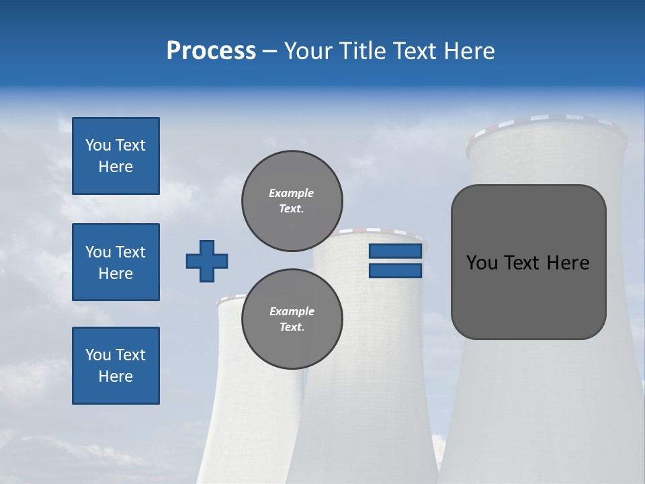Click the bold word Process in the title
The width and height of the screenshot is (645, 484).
211,51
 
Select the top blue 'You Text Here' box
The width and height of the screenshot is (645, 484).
116,156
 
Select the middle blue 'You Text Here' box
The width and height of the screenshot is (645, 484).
116,262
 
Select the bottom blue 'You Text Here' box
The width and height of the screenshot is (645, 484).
116,365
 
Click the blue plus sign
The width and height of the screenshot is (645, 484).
207,261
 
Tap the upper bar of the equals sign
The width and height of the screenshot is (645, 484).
395,251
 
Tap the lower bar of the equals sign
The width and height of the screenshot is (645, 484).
395,271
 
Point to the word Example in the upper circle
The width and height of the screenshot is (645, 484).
291,193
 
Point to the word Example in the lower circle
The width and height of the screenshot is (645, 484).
292,311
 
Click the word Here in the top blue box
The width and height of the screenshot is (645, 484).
116,167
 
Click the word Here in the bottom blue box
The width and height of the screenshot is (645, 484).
116,376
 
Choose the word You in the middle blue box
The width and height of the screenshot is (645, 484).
97,252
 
